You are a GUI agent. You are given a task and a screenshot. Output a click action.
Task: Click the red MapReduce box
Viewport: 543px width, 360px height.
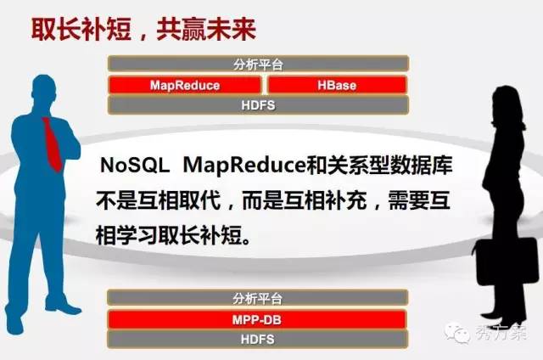(x=185, y=85)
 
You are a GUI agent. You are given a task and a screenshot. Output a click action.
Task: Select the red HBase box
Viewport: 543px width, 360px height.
(x=337, y=85)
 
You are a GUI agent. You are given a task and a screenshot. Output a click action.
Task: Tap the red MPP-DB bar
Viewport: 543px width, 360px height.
(x=256, y=320)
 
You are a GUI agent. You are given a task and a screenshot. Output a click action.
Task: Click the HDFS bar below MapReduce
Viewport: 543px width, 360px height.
(x=258, y=105)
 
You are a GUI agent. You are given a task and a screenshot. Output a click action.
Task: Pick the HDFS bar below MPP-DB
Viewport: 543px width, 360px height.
(x=257, y=340)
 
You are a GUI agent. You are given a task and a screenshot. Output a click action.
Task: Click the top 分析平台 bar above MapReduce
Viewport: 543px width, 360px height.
(x=258, y=64)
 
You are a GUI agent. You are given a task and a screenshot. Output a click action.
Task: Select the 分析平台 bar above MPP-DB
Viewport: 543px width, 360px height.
(x=257, y=298)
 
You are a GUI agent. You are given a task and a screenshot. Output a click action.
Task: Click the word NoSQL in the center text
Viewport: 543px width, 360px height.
(x=135, y=166)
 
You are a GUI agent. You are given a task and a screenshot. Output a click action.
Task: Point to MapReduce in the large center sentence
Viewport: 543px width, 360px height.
(x=244, y=166)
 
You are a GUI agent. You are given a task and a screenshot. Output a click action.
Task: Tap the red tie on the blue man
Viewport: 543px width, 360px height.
(x=53, y=143)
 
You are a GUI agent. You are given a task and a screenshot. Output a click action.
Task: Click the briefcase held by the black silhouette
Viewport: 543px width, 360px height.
(x=507, y=261)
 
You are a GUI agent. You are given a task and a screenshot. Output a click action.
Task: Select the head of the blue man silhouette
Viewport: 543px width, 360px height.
(x=43, y=89)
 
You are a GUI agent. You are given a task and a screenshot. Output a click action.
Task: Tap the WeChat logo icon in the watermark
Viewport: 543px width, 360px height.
(x=456, y=333)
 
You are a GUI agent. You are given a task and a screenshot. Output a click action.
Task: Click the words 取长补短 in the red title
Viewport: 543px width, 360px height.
(x=81, y=30)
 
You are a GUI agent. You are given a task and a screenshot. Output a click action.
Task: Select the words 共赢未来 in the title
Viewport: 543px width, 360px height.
(x=206, y=30)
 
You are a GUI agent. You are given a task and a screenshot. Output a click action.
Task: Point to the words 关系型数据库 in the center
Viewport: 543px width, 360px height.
(x=390, y=166)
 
